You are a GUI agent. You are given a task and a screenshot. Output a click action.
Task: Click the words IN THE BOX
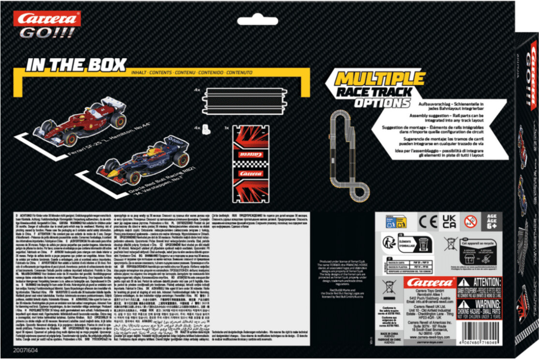coord(76,65)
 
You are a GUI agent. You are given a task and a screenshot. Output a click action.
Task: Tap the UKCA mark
coord(449,222)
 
